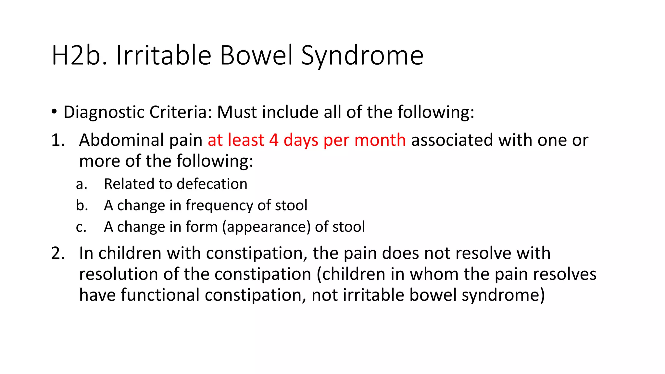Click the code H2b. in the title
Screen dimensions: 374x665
pos(79,56)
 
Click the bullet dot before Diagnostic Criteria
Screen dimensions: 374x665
pos(54,112)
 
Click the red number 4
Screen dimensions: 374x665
pos(274,140)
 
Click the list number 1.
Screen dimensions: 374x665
pos(58,140)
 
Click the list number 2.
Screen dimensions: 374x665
pos(58,253)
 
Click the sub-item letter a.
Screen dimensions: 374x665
pos(81,184)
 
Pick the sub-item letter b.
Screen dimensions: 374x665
pos(82,206)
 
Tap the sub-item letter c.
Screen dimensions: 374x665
pos(81,227)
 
